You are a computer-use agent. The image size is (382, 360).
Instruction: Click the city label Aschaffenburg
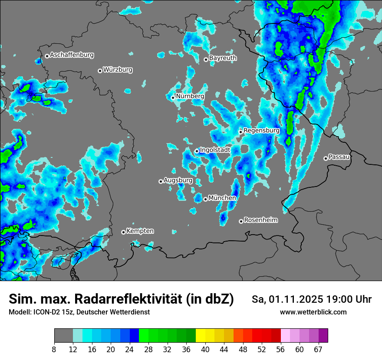point(72,55)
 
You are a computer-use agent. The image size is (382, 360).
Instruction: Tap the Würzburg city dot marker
point(100,71)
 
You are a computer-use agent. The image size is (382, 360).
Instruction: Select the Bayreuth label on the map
point(223,58)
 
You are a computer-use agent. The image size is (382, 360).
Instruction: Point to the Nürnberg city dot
point(173,98)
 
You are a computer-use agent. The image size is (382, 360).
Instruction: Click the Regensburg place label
point(261,130)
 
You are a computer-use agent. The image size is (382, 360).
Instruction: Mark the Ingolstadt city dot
point(197,151)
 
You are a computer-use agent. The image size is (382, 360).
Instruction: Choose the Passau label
point(339,157)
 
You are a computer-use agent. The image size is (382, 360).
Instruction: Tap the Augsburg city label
point(178,180)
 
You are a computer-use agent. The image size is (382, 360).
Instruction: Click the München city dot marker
point(205,199)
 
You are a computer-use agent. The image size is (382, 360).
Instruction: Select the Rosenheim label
point(260,220)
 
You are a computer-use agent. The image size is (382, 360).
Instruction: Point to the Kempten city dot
point(123,232)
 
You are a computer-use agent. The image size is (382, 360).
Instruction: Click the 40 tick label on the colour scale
point(205,349)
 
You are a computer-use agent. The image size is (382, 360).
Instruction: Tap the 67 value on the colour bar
point(318,349)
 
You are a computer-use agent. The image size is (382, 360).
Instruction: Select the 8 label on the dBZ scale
point(54,349)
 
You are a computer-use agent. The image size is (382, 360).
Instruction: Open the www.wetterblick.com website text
point(313,312)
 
